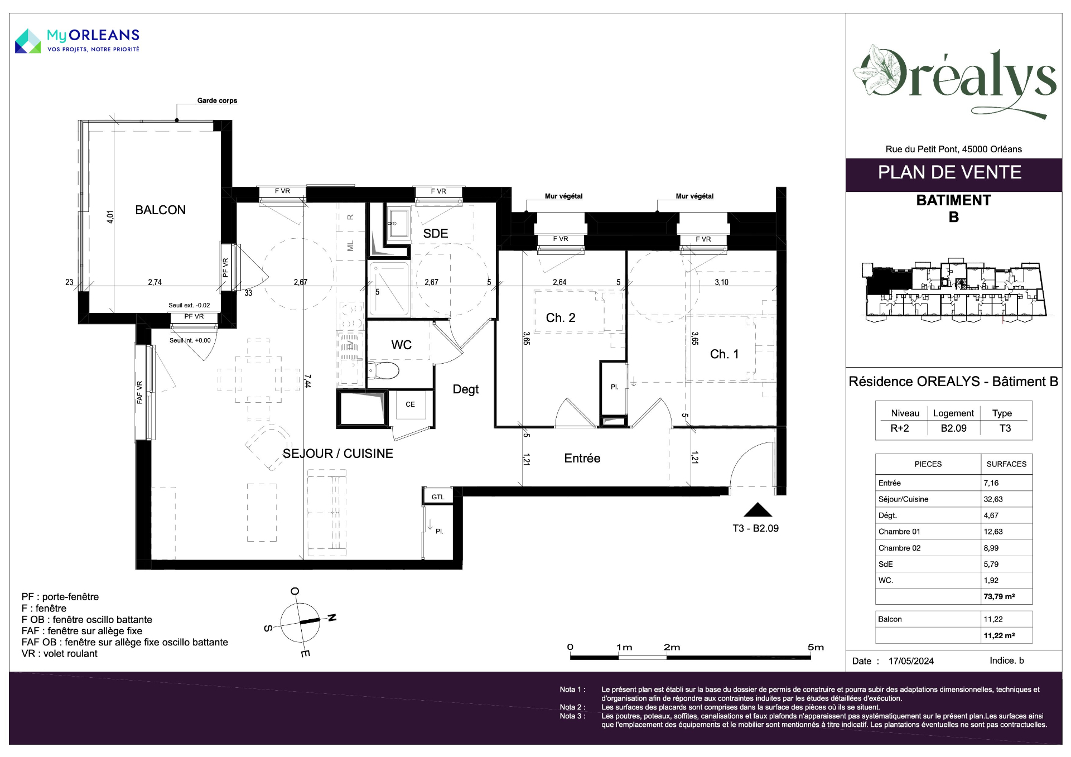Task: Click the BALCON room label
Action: point(160,210)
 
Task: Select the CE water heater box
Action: point(411,404)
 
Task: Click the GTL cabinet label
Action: point(438,497)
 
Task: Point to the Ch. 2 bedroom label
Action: point(561,317)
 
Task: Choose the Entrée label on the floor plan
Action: point(582,458)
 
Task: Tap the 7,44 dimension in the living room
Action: point(308,381)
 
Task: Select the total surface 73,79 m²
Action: point(999,596)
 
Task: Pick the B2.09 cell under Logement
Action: point(953,428)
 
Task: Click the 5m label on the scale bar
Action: point(816,647)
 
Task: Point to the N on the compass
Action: point(332,618)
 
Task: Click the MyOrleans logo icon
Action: point(28,41)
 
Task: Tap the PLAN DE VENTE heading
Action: point(949,172)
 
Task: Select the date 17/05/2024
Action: point(911,661)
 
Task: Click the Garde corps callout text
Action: point(217,100)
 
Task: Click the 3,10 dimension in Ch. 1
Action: point(721,282)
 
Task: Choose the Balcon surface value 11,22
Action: point(993,619)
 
